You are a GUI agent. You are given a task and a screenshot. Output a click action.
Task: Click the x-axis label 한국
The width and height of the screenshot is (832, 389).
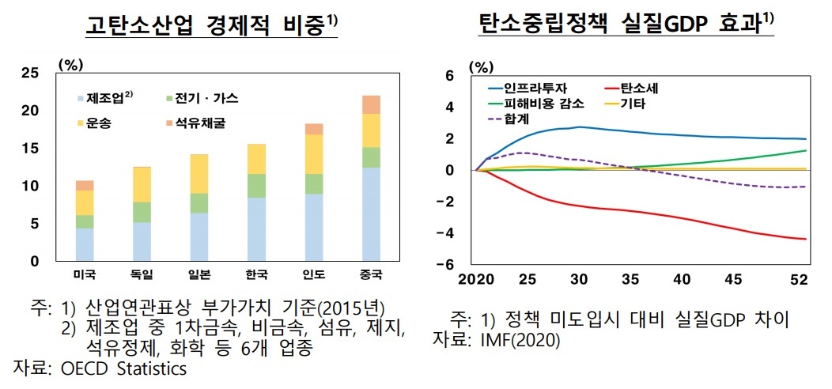click(x=257, y=274)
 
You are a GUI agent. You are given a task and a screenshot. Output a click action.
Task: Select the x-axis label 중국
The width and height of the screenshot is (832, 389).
click(x=371, y=274)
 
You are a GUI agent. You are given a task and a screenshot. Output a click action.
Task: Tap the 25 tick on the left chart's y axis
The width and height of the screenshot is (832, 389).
click(x=30, y=74)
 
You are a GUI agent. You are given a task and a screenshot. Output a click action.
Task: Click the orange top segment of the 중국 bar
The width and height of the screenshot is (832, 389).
click(x=371, y=104)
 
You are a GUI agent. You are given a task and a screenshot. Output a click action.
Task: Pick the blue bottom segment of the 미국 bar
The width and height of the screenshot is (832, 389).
click(x=85, y=244)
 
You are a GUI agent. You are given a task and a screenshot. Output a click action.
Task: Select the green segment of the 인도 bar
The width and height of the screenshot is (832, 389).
click(x=314, y=183)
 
